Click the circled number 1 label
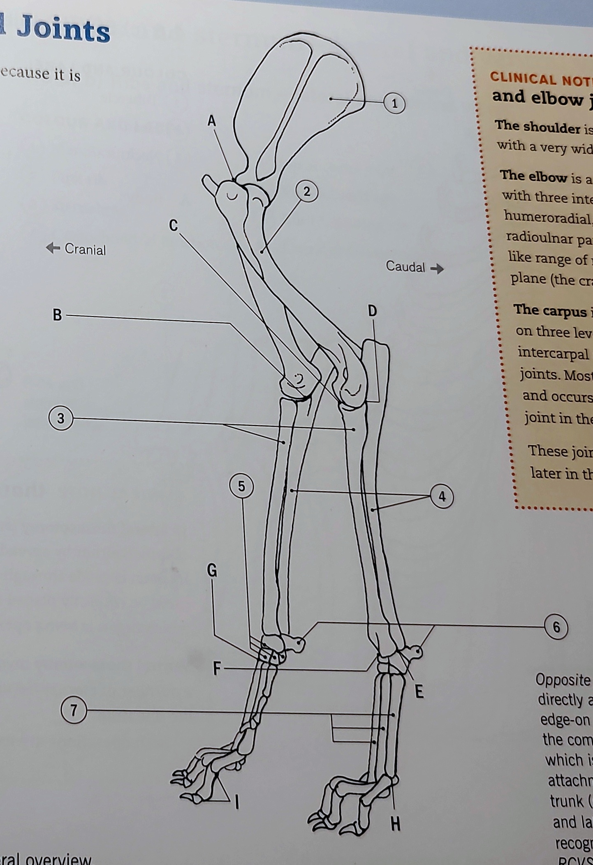[x=394, y=103]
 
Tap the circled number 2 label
[x=307, y=192]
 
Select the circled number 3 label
[x=60, y=418]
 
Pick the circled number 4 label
[x=442, y=497]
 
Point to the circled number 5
[x=241, y=486]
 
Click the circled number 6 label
[x=556, y=627]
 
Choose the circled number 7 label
[x=74, y=710]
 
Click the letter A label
[x=211, y=121]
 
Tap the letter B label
[x=57, y=315]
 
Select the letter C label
[x=174, y=226]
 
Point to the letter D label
[x=372, y=311]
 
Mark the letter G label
[x=212, y=571]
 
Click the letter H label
[x=395, y=824]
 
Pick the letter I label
[x=237, y=801]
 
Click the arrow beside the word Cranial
[x=53, y=248]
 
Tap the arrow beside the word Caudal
[x=437, y=269]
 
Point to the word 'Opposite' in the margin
[x=563, y=680]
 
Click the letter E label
[x=419, y=692]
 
